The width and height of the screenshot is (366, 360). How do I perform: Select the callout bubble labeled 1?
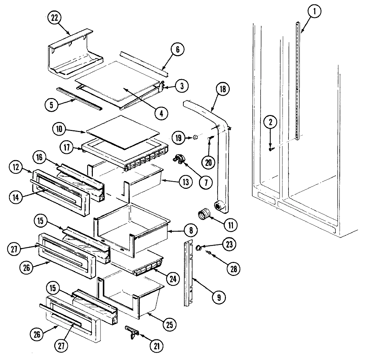pyautogui.click(x=314, y=12)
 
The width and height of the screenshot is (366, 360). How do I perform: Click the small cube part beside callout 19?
pyautogui.click(x=195, y=137)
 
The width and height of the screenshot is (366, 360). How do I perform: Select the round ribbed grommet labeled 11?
pyautogui.click(x=204, y=215)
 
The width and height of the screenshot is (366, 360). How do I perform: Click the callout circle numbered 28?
pyautogui.click(x=233, y=269)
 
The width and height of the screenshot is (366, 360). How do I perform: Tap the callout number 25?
pyautogui.click(x=169, y=324)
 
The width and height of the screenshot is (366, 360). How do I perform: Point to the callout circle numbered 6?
pyautogui.click(x=177, y=50)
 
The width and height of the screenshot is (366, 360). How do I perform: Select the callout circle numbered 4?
pyautogui.click(x=161, y=113)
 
